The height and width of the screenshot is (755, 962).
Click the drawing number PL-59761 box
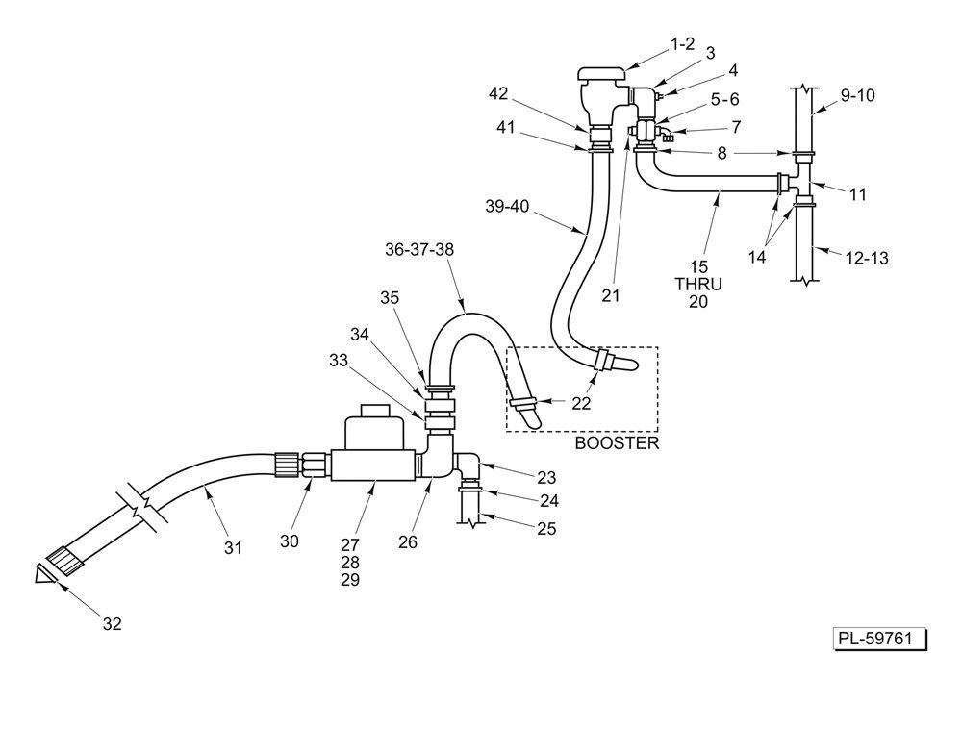coord(879,639)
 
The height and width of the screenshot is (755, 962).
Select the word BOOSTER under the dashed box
coord(617,443)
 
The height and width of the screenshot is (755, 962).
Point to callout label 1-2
coord(682,44)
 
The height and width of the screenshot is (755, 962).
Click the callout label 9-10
coord(857,95)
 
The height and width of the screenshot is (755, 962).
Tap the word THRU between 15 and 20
coord(698,284)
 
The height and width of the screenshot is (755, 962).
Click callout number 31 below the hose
coord(233,547)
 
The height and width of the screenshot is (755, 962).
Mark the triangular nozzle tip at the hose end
coord(41,574)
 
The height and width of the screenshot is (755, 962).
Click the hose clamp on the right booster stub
coord(604,361)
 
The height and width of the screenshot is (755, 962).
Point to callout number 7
coord(735,127)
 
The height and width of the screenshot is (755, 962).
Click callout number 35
coord(389,298)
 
